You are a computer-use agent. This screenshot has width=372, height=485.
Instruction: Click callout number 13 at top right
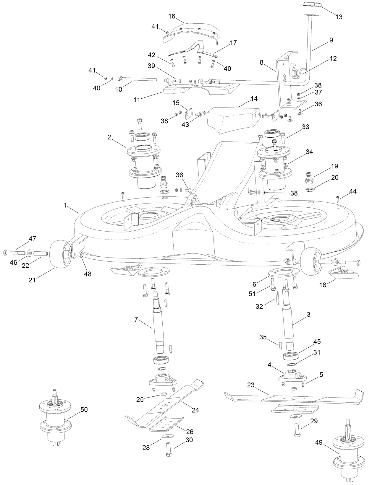click(x=339, y=17)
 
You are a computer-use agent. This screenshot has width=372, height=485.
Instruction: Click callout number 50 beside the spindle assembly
click(x=84, y=410)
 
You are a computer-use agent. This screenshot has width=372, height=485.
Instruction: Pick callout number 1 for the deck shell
click(x=65, y=205)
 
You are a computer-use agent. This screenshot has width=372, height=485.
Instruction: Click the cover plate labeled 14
click(x=234, y=120)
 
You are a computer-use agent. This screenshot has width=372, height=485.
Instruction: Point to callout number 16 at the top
click(x=172, y=16)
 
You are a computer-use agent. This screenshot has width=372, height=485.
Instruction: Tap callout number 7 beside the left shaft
click(x=136, y=319)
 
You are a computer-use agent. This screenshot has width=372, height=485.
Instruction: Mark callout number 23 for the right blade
click(x=251, y=385)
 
